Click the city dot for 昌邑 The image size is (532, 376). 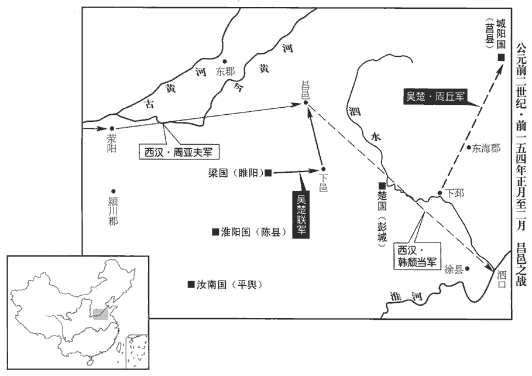306,102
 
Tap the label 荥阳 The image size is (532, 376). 112,143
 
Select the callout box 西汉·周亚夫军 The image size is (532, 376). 179,152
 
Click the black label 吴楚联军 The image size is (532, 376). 301,215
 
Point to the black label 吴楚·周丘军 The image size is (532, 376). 435,97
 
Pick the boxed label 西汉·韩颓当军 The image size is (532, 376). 417,257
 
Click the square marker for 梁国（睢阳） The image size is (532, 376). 269,173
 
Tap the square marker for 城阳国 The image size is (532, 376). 501,57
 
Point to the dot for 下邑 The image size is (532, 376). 323,169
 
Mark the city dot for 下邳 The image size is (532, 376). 440,193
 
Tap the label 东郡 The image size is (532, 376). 225,71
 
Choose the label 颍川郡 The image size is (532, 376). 113,211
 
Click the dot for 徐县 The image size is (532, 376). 467,268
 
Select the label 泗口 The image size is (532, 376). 502,279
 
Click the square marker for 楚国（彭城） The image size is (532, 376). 382,186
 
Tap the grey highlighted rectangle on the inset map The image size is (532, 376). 101,314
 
